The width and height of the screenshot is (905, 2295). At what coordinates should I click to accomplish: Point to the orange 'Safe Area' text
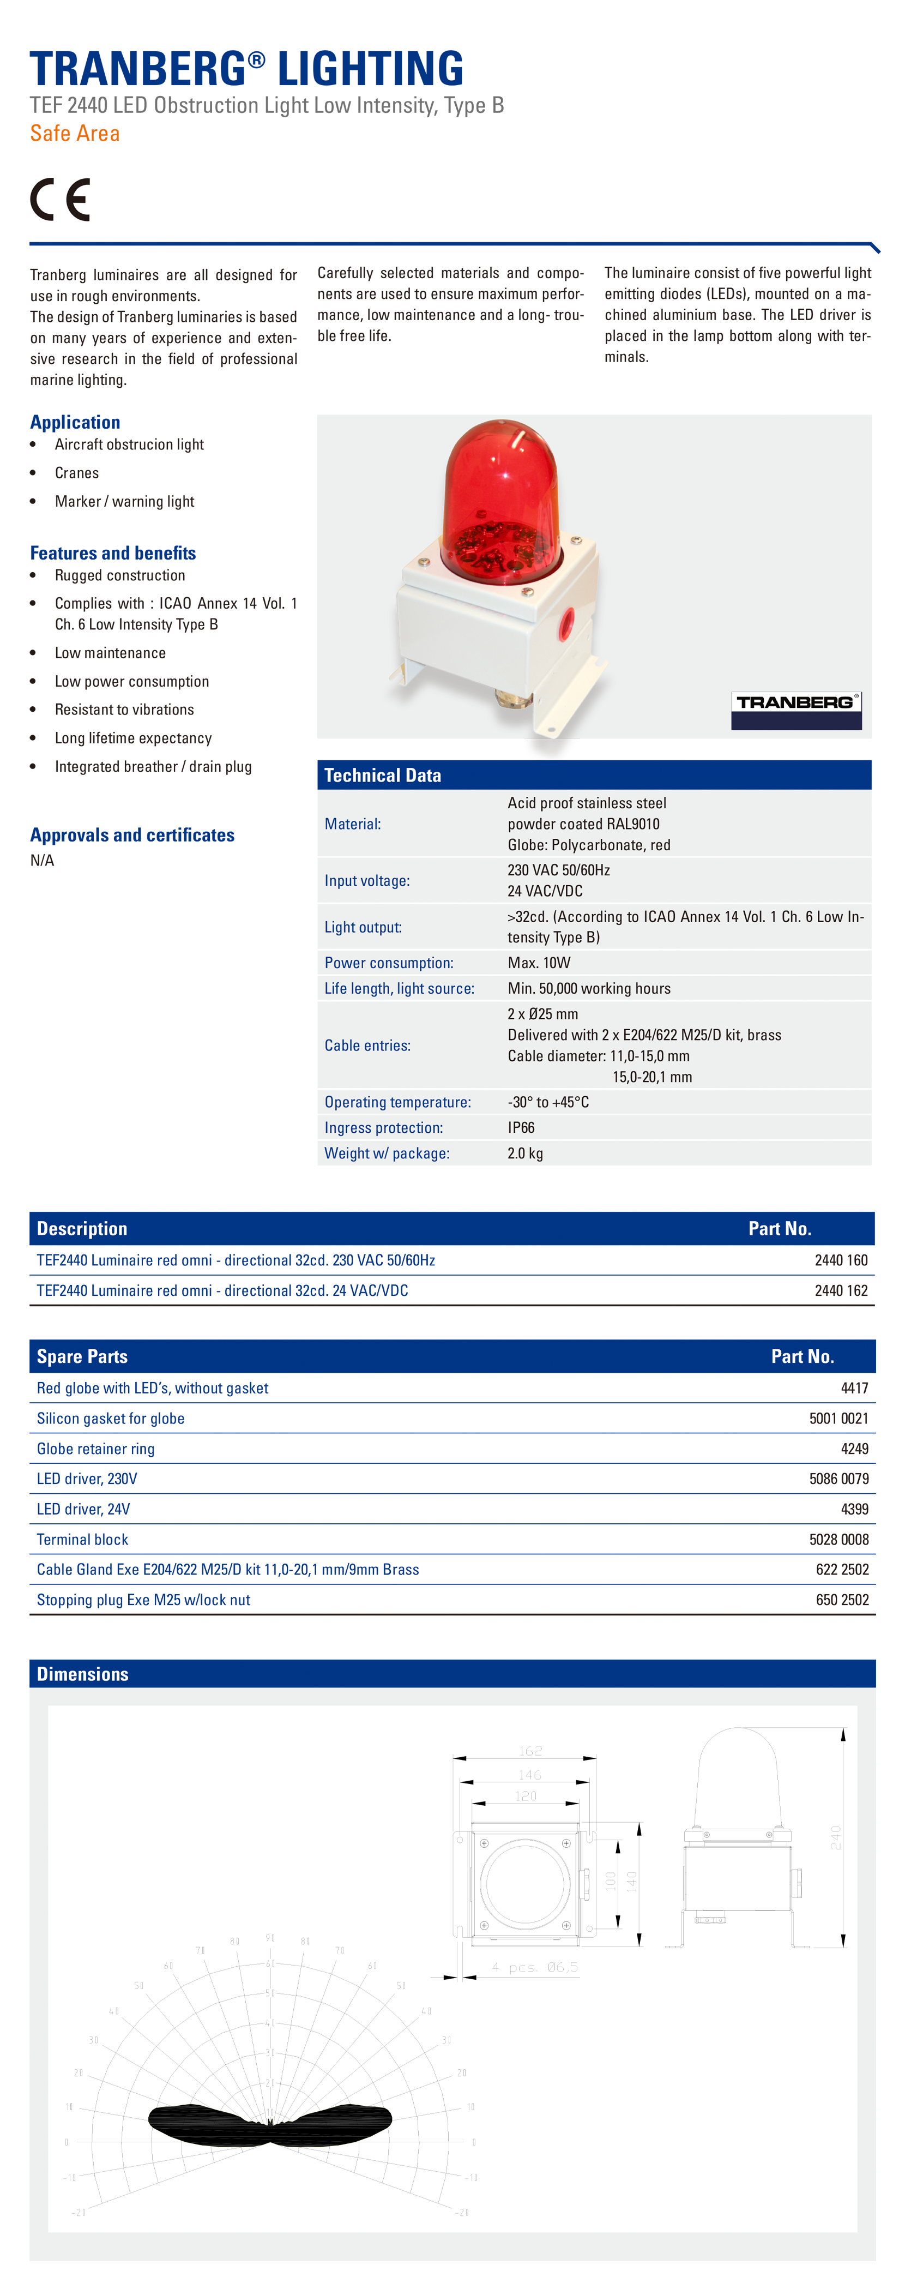coord(75,134)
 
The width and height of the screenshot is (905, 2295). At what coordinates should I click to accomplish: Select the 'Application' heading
coord(75,422)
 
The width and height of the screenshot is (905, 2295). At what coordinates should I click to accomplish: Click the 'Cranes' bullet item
coord(77,473)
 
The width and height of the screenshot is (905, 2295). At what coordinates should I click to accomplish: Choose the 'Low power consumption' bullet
coord(132,682)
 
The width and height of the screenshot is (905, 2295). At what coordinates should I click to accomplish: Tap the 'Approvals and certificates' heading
coord(132,835)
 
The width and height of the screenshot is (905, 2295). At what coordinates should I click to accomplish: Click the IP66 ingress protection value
coord(521,1128)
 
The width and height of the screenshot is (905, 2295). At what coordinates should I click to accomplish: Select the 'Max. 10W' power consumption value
coord(539,963)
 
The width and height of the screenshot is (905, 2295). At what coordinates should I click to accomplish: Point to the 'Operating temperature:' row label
coord(397,1102)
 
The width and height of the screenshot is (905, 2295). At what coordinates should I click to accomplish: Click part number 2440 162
coord(840,1291)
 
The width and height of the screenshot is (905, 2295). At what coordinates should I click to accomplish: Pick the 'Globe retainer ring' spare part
coord(95,1449)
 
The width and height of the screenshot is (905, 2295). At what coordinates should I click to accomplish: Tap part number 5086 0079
coord(838,1479)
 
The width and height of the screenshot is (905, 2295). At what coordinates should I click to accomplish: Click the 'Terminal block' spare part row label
coord(82,1540)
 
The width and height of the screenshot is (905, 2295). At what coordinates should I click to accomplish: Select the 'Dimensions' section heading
coord(82,1674)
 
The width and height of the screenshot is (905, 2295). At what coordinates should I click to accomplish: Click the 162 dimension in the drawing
coord(530,1751)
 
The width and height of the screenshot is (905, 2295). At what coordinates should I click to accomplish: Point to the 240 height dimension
coord(836,1837)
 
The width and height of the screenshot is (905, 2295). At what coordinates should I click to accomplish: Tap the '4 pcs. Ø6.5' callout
coord(534,1966)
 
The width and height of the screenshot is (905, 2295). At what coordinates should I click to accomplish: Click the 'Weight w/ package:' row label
coord(387,1153)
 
